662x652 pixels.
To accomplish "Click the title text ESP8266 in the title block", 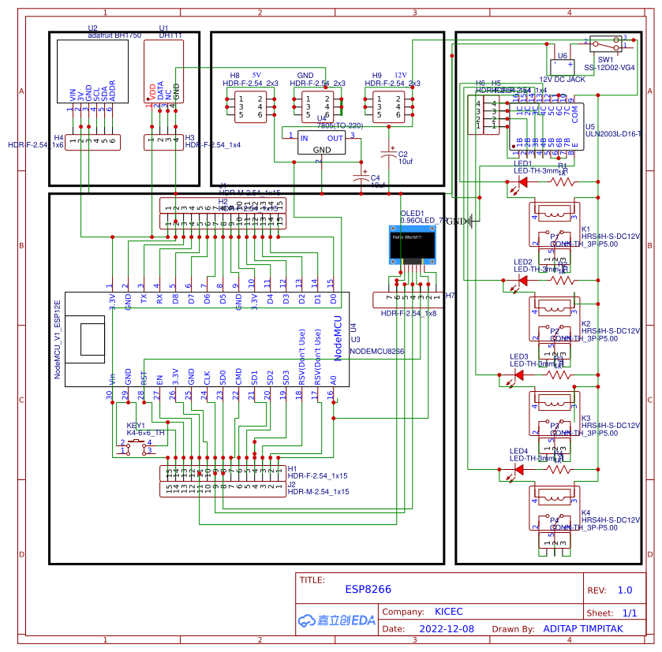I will click(x=368, y=589).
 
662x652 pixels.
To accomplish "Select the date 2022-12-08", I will click(x=447, y=629).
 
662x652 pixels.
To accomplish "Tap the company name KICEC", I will click(x=449, y=612).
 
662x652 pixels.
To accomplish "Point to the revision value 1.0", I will click(x=624, y=590).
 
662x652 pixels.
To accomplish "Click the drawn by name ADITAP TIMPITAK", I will click(x=583, y=629).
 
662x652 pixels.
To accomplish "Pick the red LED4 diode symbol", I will click(x=518, y=469).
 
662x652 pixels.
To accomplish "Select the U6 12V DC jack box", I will click(x=562, y=65).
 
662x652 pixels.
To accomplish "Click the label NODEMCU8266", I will click(x=377, y=351).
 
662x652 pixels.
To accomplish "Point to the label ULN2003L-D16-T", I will click(x=613, y=135).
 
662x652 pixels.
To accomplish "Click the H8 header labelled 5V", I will click(x=250, y=106).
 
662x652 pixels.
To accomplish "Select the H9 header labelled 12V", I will click(x=388, y=106).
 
